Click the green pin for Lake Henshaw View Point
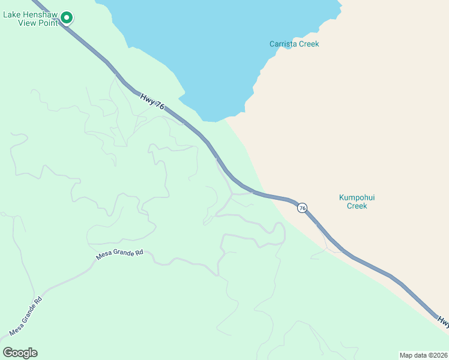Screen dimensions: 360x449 tap(67, 18)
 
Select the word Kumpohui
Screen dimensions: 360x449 tap(357, 197)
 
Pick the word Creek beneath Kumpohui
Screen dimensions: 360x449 tap(357, 206)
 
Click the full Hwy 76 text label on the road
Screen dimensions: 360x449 tap(152, 101)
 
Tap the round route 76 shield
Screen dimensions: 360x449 tap(303, 208)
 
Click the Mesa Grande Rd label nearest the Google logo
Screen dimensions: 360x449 tap(25, 316)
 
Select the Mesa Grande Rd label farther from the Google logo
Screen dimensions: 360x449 tap(120, 254)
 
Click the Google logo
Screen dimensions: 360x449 tap(20, 353)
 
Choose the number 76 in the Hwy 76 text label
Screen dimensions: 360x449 tap(159, 106)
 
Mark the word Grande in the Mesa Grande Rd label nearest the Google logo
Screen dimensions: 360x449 tap(26, 316)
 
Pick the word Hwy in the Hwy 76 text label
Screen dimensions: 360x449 tap(148, 97)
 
